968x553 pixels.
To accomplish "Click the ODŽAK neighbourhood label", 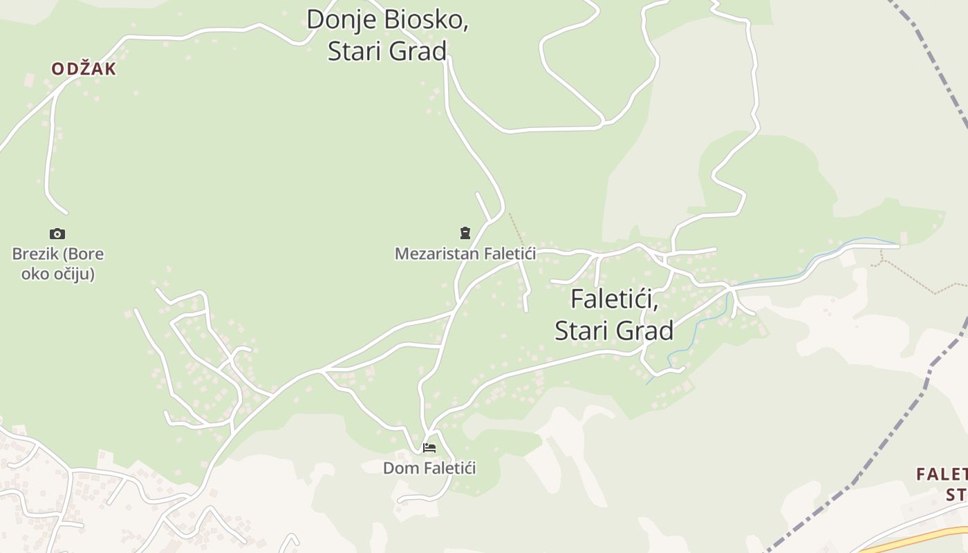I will click(84, 69).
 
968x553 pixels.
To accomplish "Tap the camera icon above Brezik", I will click(57, 234).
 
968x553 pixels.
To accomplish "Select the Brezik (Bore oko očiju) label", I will click(58, 263).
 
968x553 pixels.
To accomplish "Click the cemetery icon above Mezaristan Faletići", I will click(465, 233).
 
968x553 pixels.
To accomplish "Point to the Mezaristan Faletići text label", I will click(465, 254).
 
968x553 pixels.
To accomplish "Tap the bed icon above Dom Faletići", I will click(429, 448).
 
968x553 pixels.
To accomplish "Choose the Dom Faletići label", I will click(429, 468).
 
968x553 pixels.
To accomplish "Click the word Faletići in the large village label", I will click(614, 299).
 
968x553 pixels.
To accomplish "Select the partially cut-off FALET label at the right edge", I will click(942, 474).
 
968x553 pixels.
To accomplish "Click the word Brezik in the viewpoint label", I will click(35, 254).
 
